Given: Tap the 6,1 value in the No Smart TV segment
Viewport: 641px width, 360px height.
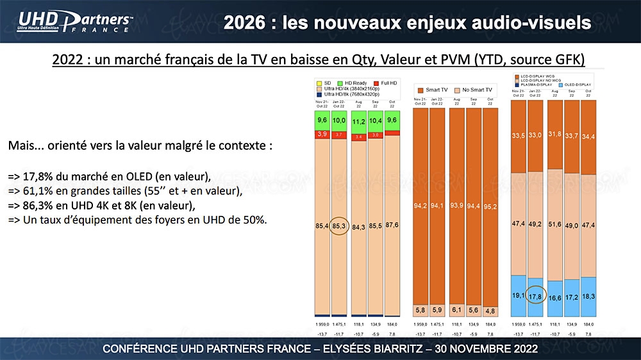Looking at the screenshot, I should [x=457, y=309].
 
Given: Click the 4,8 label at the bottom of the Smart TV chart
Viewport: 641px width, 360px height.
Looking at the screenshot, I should [x=491, y=311].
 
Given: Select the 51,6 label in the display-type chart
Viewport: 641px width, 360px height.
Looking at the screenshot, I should [x=555, y=224].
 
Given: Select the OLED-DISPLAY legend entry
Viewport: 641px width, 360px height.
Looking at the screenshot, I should [x=572, y=84].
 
